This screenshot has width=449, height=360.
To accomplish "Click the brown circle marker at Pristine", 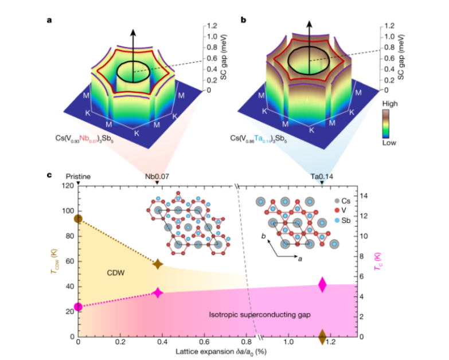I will click(79, 218).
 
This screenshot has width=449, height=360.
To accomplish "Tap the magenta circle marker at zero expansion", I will click(79, 307).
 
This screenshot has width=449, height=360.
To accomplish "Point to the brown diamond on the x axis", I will click(322, 336).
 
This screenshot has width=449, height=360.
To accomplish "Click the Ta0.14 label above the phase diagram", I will click(322, 177).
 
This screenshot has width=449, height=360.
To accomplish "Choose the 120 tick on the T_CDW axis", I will click(67, 185).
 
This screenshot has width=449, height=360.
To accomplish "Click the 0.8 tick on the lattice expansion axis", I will click(245, 346).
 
